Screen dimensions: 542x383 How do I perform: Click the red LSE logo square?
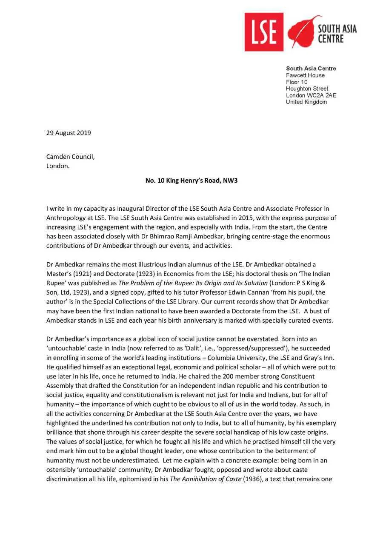click(264, 32)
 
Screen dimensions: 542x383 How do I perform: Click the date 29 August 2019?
click(69, 133)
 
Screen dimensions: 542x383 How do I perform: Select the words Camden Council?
click(70, 157)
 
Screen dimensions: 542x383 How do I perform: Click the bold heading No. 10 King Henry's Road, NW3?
click(191, 181)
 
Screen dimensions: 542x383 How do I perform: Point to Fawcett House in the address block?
click(305, 75)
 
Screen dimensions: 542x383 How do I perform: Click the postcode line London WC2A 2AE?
click(311, 95)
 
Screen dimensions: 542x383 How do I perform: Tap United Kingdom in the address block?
click(306, 102)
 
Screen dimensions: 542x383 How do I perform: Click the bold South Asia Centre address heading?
click(311, 69)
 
